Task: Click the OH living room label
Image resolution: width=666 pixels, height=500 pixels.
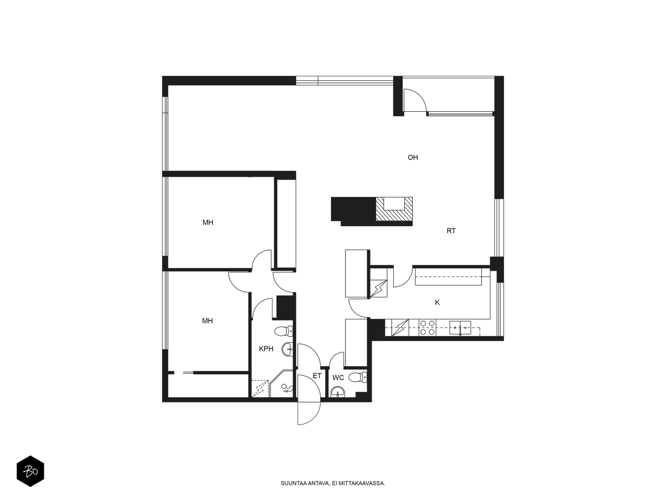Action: coord(413,157)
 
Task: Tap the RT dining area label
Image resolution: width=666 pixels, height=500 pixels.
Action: coord(451,231)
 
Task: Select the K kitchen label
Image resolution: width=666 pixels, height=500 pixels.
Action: coord(437,303)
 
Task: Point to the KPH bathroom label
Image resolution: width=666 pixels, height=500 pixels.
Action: coord(266,349)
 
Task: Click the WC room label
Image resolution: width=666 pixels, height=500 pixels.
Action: coord(338,378)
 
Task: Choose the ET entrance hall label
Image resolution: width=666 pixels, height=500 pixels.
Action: coord(317,376)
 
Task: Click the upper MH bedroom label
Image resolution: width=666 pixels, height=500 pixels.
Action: coord(208,222)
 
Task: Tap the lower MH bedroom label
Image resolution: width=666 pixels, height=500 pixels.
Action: coord(207,321)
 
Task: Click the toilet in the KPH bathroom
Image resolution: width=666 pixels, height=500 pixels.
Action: coord(285,332)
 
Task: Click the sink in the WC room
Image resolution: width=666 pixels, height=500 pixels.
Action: coord(338,392)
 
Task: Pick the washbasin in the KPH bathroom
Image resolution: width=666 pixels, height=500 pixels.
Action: coord(288,349)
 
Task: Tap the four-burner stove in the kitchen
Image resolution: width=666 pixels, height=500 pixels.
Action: coord(427,327)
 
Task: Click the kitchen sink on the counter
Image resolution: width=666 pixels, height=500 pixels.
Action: coord(460,328)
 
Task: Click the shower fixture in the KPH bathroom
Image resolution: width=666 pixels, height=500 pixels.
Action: coord(286,389)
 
